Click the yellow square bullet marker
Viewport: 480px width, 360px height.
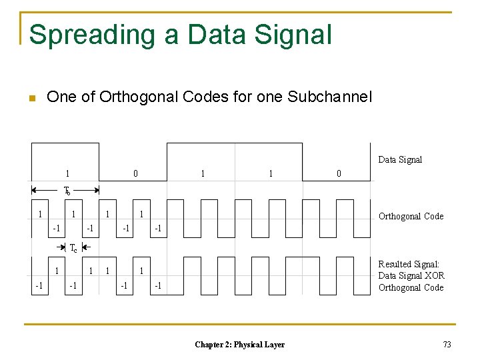[31, 99]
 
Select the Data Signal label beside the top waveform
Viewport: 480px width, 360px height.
[400, 159]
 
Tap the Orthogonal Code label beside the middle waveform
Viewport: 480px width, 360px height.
[411, 216]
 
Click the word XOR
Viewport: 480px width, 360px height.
[433, 276]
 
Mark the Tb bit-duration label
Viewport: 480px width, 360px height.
[67, 190]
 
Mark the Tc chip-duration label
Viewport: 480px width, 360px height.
[73, 248]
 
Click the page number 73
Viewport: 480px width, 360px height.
[447, 344]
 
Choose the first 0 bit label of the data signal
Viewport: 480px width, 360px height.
[135, 173]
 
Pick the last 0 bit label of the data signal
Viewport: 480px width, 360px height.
[339, 173]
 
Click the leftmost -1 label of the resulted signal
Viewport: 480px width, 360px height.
[39, 285]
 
